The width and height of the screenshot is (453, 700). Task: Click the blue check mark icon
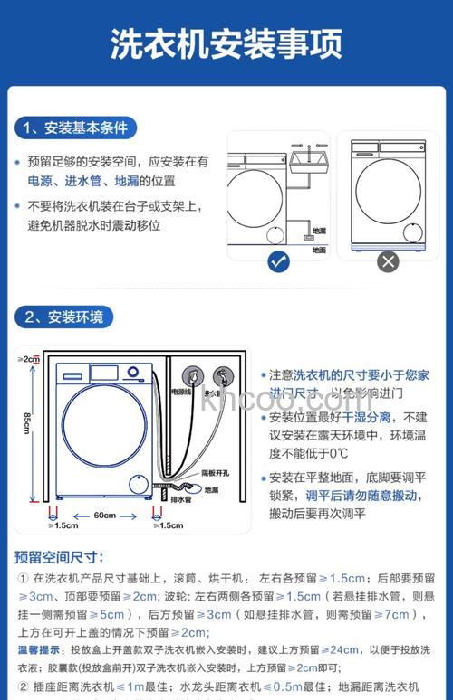279,262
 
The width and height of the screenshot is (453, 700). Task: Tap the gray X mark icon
388,262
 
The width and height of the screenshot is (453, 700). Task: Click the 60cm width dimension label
104,516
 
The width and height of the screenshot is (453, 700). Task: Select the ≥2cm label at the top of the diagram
29,359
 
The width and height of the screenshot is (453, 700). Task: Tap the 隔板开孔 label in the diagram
214,473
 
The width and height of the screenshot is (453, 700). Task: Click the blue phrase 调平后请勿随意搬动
361,496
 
